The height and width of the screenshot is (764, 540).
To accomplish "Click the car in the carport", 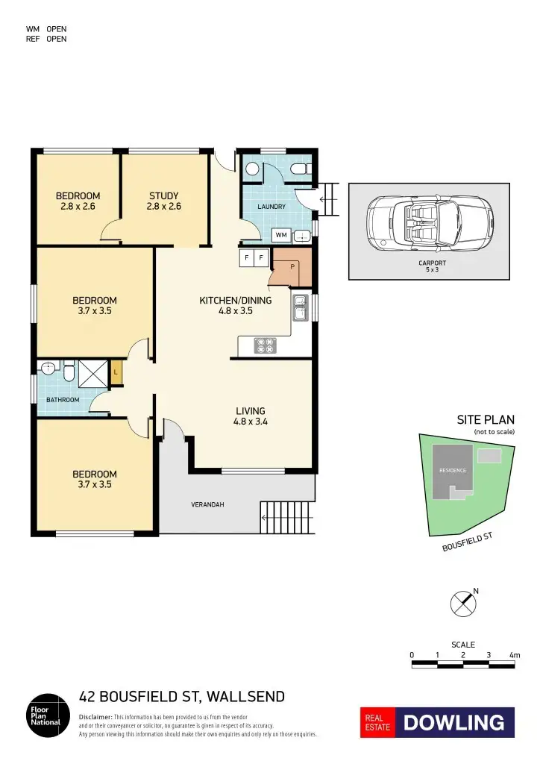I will coord(430,223).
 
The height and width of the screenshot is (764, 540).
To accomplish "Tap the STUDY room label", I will coord(164,201).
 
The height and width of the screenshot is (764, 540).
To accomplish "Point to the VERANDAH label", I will coord(208,504).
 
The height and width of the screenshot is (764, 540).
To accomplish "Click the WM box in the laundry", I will coord(281,235).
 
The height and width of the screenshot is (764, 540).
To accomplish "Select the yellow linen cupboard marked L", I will coord(116,372).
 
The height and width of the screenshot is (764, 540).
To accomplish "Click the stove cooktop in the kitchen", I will coord(266,345).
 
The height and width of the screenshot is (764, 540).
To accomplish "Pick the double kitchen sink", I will coord(301,307).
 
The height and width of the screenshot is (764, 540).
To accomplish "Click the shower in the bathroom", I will coord(91,372).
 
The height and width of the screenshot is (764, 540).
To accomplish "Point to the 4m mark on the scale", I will coord(513,654).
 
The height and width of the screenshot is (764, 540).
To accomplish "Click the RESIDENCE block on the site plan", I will coord(453,470).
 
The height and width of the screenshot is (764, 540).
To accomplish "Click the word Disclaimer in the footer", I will coord(95,716).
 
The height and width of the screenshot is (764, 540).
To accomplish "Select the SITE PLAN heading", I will coord(485,420).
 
